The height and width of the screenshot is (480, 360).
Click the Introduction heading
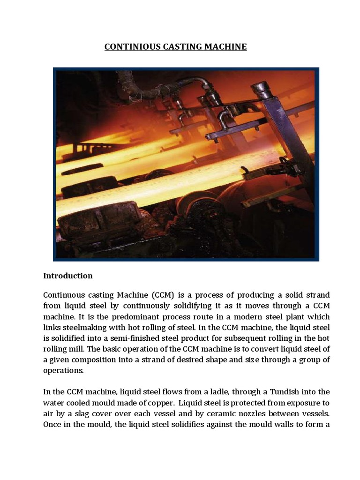point(68,276)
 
